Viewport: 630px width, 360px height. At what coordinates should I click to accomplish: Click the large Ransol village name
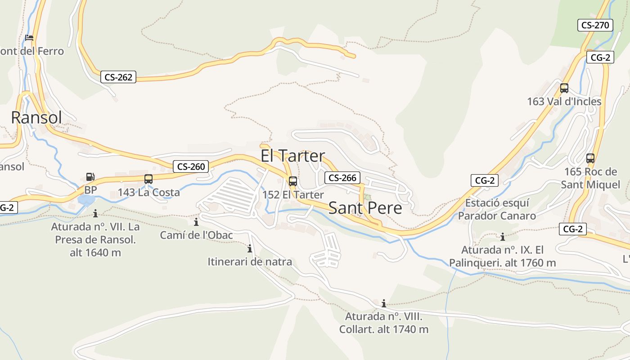[x=36, y=117]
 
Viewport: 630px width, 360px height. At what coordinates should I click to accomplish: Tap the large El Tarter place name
[x=292, y=156]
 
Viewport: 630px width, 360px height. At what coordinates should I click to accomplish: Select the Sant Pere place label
[x=365, y=208]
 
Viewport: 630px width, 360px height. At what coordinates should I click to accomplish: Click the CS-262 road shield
[x=118, y=77]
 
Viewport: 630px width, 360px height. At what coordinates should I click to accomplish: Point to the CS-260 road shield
[x=191, y=166]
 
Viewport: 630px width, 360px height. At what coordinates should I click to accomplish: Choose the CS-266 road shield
[x=342, y=178]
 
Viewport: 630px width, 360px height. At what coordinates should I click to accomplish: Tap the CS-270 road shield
[x=595, y=25]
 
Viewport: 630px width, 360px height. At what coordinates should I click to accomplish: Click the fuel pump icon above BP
[x=90, y=177]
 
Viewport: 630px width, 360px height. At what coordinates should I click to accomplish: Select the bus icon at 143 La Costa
[x=148, y=179]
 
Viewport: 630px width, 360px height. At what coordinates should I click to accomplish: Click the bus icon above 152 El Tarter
[x=293, y=181]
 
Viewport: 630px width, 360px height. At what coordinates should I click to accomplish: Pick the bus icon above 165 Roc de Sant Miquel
[x=590, y=158]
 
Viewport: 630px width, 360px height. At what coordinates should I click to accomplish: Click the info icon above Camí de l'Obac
[x=196, y=222]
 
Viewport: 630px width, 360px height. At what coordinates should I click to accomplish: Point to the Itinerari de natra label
[x=250, y=261]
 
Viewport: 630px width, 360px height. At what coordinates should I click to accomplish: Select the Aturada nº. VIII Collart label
[x=384, y=323]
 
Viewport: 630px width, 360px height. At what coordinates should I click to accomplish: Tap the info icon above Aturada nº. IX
[x=503, y=237]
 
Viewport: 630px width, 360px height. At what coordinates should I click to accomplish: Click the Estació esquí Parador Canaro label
[x=497, y=209]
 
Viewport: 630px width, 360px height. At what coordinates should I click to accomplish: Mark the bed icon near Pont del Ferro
[x=30, y=38]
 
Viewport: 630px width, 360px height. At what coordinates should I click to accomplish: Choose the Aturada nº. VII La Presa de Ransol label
[x=95, y=239]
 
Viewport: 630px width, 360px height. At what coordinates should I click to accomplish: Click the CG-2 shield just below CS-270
[x=600, y=57]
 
